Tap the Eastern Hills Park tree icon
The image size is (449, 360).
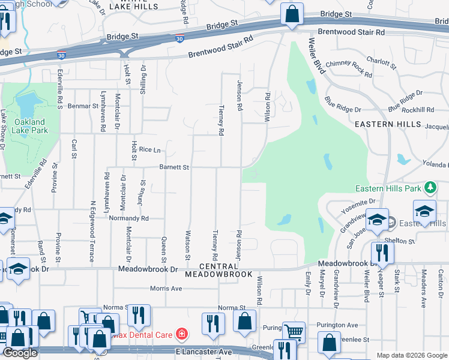430,188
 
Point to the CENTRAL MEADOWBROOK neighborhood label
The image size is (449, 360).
217,270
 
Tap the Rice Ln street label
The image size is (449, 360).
150,149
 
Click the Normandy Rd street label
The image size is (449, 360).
128,219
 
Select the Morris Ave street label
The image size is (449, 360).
166,288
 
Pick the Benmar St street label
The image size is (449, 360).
83,106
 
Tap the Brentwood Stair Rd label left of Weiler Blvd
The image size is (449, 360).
221,47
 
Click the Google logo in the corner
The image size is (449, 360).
20,353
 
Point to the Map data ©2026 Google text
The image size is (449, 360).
412,355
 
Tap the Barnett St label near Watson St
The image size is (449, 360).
174,167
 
